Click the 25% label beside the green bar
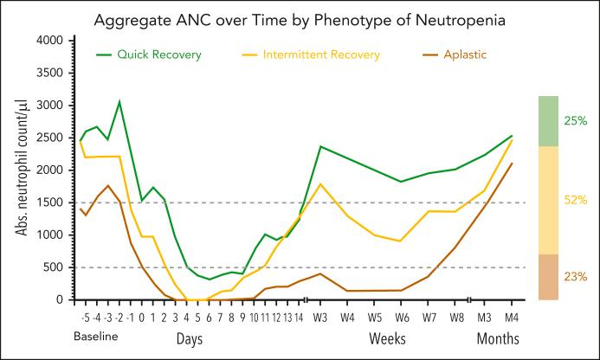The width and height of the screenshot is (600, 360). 575,121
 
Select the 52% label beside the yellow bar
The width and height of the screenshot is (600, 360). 575,200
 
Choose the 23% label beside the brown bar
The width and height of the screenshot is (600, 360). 575,277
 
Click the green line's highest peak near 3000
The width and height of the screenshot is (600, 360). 119,101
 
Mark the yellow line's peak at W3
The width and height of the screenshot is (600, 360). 321,183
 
